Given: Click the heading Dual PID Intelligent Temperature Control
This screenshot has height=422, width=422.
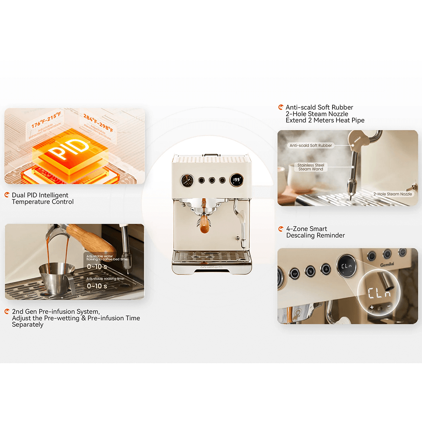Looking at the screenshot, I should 43,198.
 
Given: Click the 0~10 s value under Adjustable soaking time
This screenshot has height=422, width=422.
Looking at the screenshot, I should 97,286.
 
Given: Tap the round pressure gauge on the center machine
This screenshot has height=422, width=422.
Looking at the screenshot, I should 187,180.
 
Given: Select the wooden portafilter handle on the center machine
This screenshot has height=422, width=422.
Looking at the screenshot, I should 205,219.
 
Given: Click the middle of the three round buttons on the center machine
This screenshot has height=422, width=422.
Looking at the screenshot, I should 211,180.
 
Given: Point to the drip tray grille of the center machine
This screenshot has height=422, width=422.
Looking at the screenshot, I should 211,256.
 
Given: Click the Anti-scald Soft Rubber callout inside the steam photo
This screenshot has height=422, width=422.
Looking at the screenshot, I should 311,145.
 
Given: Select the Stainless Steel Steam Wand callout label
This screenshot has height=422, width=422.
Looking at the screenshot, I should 311,167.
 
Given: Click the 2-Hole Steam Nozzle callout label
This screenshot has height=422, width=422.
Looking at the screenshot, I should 392,194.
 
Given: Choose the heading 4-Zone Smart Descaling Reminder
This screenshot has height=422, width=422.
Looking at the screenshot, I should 315,232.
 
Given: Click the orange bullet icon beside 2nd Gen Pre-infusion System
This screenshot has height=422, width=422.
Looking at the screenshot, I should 7,311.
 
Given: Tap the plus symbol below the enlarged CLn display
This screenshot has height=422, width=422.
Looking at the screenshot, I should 371,308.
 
